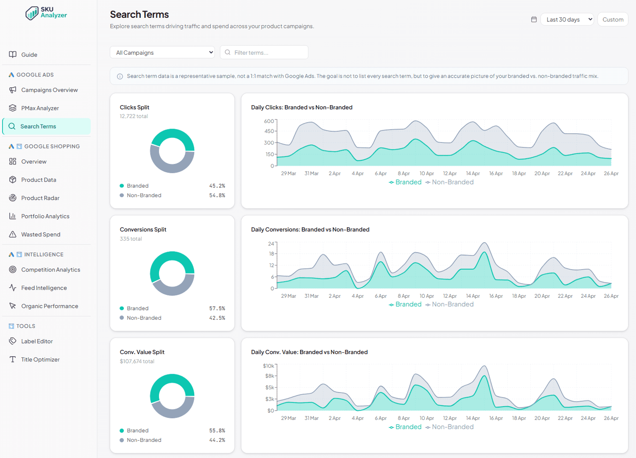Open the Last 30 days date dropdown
click(567, 20)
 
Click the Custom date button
click(613, 20)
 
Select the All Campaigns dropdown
click(162, 53)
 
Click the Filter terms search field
click(264, 53)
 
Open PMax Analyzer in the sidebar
click(40, 108)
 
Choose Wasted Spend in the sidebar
click(41, 234)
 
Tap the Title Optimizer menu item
click(40, 360)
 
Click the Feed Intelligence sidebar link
click(44, 288)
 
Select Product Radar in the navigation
click(40, 198)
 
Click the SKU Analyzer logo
click(46, 13)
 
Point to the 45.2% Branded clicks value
click(217, 186)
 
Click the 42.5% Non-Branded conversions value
click(217, 318)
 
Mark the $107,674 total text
click(137, 361)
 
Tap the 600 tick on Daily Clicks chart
click(269, 121)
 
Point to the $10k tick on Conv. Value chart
click(268, 366)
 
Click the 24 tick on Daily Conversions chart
click(271, 243)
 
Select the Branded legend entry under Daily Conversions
click(405, 304)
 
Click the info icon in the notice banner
click(120, 76)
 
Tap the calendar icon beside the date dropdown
click(534, 20)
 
